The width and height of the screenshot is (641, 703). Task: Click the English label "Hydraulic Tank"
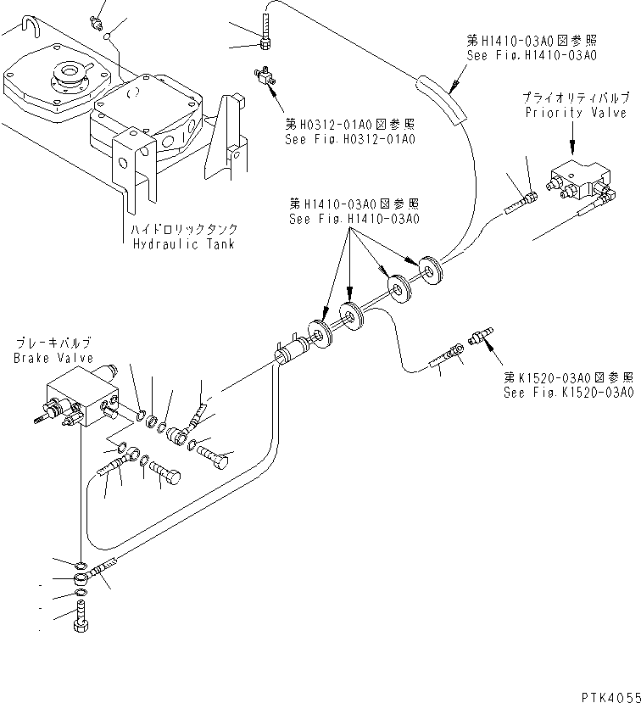pyautogui.click(x=184, y=244)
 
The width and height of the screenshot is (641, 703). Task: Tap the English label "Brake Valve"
pyautogui.click(x=53, y=358)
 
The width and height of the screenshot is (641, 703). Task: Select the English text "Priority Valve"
pyautogui.click(x=576, y=113)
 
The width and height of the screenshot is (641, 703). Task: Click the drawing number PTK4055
pyautogui.click(x=611, y=697)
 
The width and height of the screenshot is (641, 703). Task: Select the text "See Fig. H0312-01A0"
pyautogui.click(x=350, y=139)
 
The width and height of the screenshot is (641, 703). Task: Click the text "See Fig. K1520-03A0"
pyautogui.click(x=568, y=393)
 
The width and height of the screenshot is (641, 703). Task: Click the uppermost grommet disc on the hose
pyautogui.click(x=431, y=271)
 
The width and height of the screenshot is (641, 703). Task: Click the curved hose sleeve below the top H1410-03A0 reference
pyautogui.click(x=442, y=98)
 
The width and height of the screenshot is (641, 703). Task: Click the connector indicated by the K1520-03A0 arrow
pyautogui.click(x=481, y=337)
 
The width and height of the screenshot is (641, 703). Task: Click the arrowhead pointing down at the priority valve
pyautogui.click(x=572, y=146)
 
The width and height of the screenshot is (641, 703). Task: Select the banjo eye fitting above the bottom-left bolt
pyautogui.click(x=81, y=577)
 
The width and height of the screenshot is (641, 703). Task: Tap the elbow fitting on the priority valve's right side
pyautogui.click(x=605, y=192)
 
